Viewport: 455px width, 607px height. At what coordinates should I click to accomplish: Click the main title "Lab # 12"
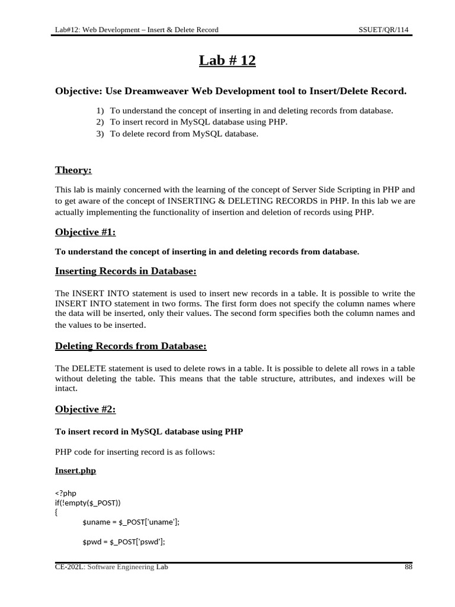[227, 60]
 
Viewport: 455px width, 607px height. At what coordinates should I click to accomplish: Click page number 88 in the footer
[408, 567]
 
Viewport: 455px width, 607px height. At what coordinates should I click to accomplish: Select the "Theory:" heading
[73, 170]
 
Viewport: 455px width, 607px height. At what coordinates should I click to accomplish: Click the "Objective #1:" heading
[85, 232]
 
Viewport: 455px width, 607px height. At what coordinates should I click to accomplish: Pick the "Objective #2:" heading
[85, 409]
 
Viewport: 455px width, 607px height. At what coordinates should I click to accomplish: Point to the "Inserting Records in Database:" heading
[125, 271]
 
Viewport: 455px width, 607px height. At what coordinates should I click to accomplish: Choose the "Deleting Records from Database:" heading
[130, 346]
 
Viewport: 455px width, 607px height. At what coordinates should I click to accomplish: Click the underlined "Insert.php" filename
[75, 471]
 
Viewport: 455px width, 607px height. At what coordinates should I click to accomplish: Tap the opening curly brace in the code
[56, 513]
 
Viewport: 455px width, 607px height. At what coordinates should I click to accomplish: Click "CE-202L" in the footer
[67, 567]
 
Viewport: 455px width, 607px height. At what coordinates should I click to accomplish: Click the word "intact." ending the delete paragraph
[65, 389]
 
